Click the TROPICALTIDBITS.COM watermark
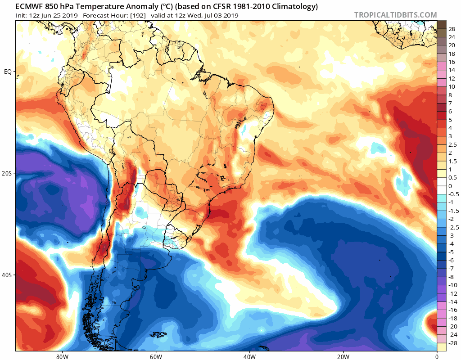[x=395, y=15]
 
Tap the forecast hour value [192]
[x=138, y=16]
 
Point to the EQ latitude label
[x=8, y=72]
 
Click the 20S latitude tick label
[x=7, y=173]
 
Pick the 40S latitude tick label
[x=7, y=275]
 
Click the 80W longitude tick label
[x=62, y=357]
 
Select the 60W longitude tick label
[x=156, y=357]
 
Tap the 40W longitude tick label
[x=249, y=357]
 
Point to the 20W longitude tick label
[x=343, y=357]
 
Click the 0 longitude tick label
[x=437, y=357]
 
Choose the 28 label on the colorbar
[x=452, y=29]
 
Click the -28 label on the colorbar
[x=453, y=343]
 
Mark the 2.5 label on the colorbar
[x=452, y=145]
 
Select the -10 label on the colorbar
[x=453, y=285]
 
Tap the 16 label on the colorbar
[x=452, y=62]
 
